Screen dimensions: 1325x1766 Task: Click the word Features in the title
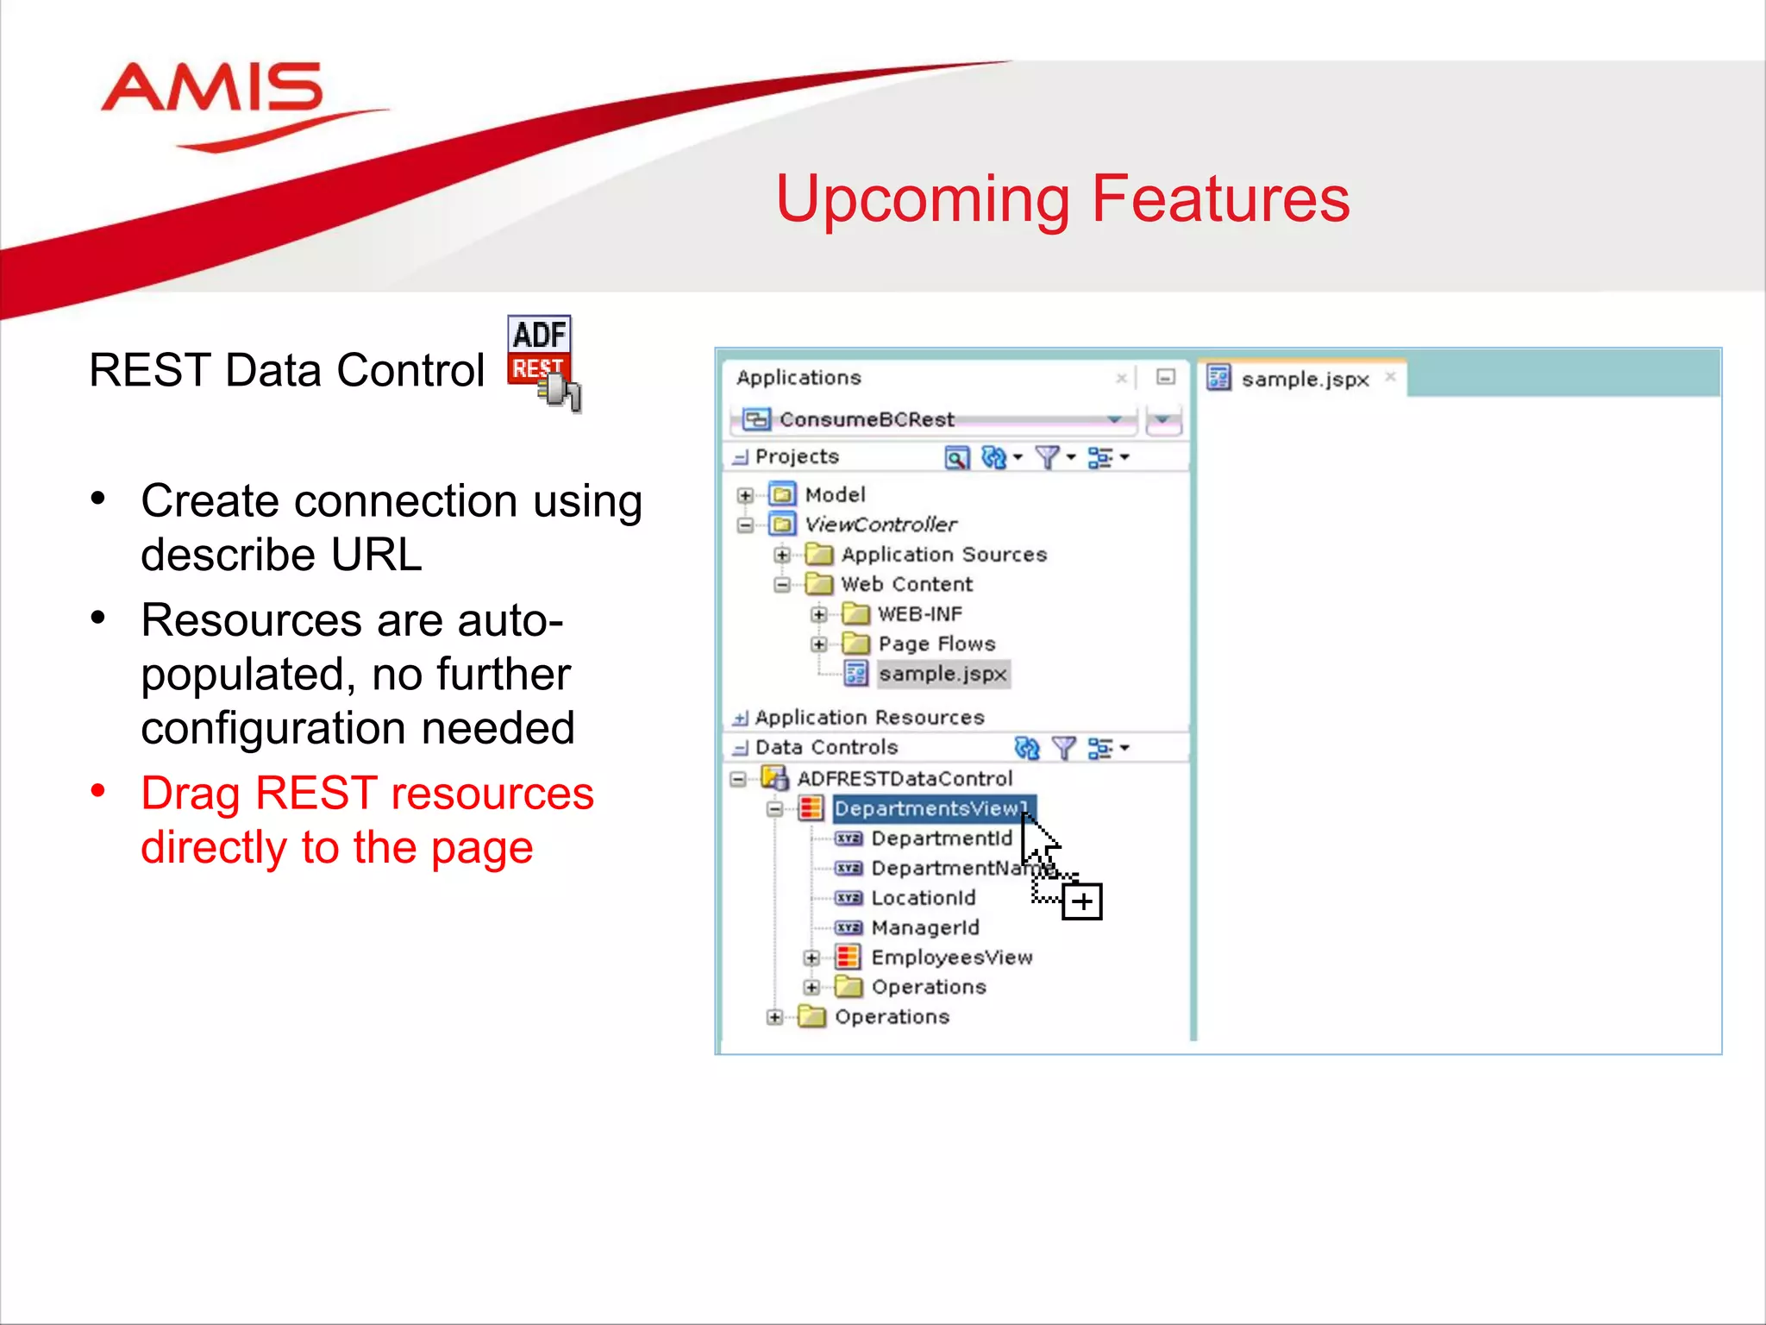[x=1219, y=199]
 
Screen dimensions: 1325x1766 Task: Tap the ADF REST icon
[x=542, y=361]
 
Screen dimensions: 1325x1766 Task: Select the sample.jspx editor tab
[x=1304, y=380]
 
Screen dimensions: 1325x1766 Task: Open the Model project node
[x=834, y=495]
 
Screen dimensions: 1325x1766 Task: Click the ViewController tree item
[x=880, y=524]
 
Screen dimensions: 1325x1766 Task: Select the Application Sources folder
[x=943, y=555]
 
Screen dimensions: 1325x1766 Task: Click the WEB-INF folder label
[x=919, y=614]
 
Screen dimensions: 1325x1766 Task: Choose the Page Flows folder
[x=936, y=644]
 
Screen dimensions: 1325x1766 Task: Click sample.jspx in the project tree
[x=942, y=674]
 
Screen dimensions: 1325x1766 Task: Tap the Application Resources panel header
[x=868, y=718]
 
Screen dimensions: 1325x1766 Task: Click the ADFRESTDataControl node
[x=904, y=779]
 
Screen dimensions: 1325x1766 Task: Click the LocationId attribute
[x=923, y=898]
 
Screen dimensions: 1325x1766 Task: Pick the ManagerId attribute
[x=924, y=928]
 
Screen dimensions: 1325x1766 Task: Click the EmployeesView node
[x=951, y=958]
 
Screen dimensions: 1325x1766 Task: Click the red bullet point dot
[x=98, y=790]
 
